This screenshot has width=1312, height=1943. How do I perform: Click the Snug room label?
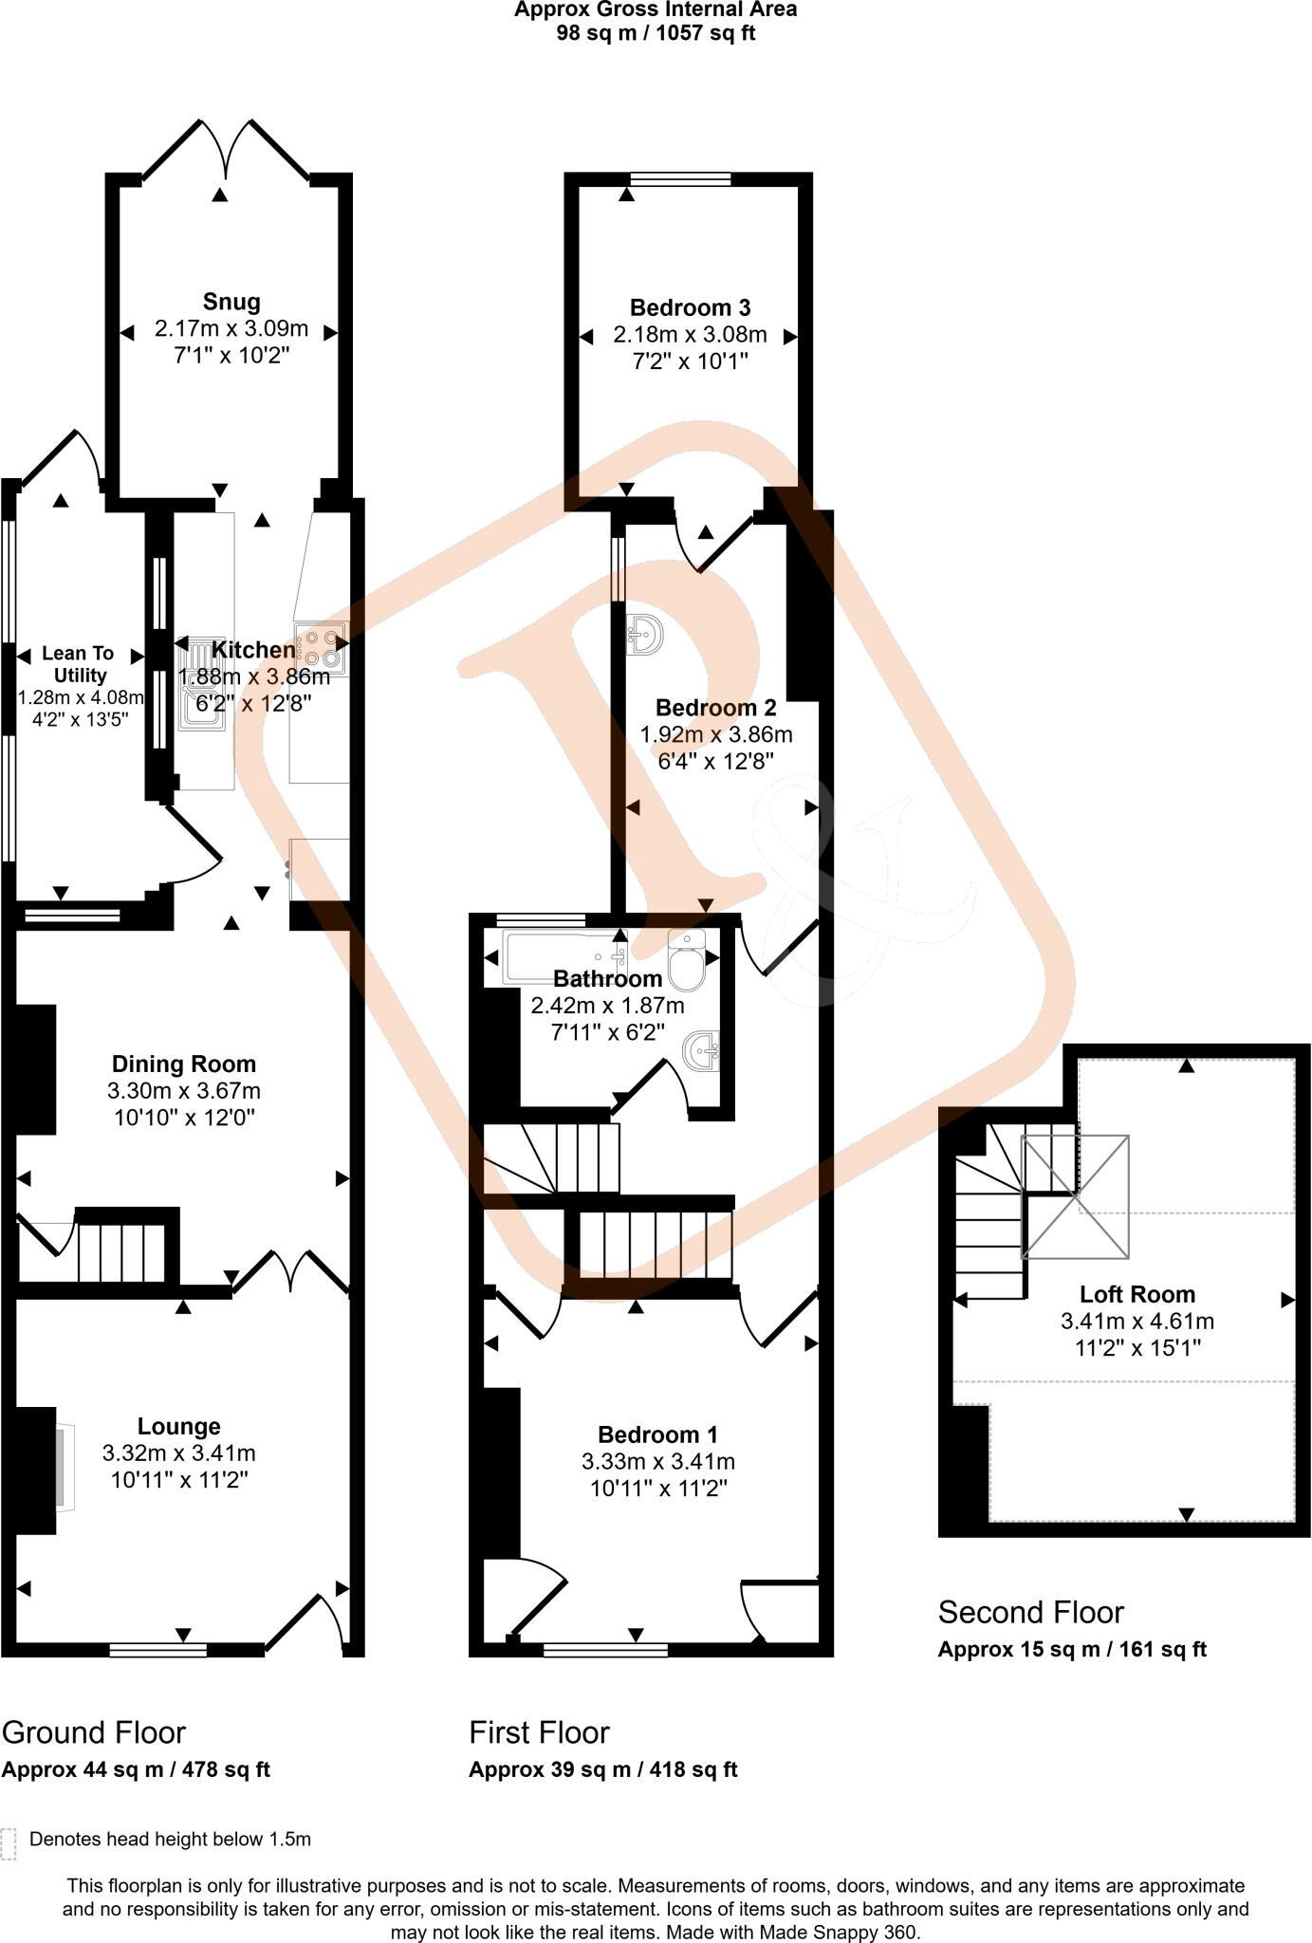click(x=231, y=302)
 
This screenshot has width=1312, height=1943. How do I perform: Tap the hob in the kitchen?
click(x=322, y=647)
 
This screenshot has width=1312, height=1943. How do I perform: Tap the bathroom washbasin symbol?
click(x=704, y=1050)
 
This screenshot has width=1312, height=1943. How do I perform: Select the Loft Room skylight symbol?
click(x=1075, y=1196)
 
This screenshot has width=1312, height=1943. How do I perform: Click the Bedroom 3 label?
click(x=690, y=307)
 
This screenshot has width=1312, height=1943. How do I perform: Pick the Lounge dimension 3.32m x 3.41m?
click(x=178, y=1453)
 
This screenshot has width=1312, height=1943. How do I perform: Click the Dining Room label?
click(x=184, y=1064)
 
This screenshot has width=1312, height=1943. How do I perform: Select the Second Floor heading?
click(x=1030, y=1612)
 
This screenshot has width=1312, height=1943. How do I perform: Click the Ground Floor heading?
click(x=94, y=1731)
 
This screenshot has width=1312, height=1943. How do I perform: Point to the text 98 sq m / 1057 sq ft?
click(x=656, y=33)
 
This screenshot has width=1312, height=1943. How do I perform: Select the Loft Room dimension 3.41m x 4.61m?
click(x=1136, y=1321)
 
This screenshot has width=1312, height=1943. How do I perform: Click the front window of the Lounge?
click(x=158, y=1651)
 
